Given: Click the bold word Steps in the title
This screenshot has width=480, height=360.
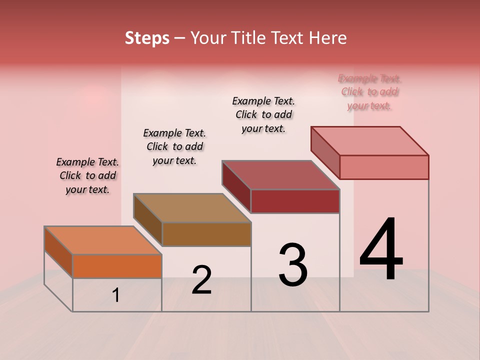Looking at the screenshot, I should click(x=147, y=38).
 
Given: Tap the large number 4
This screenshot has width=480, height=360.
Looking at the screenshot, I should click(x=381, y=250).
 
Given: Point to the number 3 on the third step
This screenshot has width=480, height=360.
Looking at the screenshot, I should click(x=293, y=264).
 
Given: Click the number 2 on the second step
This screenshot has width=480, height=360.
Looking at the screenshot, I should click(x=202, y=280).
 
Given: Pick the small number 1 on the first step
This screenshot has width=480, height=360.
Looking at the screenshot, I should click(x=116, y=295).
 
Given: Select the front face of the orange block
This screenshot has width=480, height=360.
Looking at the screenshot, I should click(x=117, y=266).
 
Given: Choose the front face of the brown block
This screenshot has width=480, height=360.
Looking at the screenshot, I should click(x=206, y=234).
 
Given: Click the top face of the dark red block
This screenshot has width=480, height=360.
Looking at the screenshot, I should click(x=280, y=175).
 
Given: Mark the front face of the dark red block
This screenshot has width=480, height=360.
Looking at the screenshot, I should click(x=295, y=201).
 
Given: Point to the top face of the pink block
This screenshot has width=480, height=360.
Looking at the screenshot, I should click(x=370, y=141).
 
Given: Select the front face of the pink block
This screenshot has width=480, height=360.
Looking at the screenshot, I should click(x=384, y=167).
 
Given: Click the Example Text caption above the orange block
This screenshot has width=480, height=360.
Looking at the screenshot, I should click(x=87, y=175).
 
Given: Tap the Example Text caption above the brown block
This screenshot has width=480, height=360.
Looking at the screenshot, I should click(x=174, y=146).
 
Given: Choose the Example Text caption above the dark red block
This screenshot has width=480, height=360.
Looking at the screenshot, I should click(x=263, y=114).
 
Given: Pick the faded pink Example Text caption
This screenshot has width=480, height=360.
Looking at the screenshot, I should click(x=369, y=92).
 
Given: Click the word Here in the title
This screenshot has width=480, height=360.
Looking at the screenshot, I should click(x=329, y=38).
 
